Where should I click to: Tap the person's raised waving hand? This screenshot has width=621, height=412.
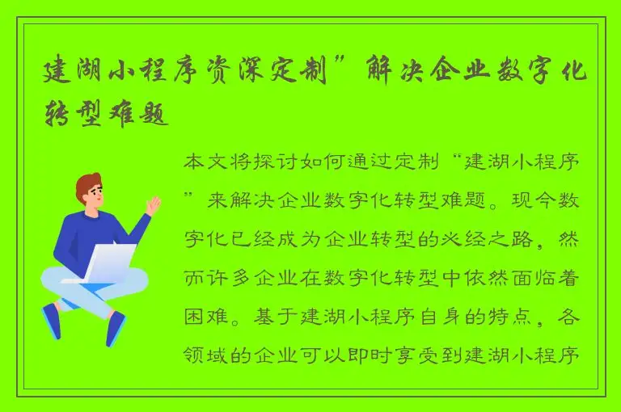click(x=154, y=204)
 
